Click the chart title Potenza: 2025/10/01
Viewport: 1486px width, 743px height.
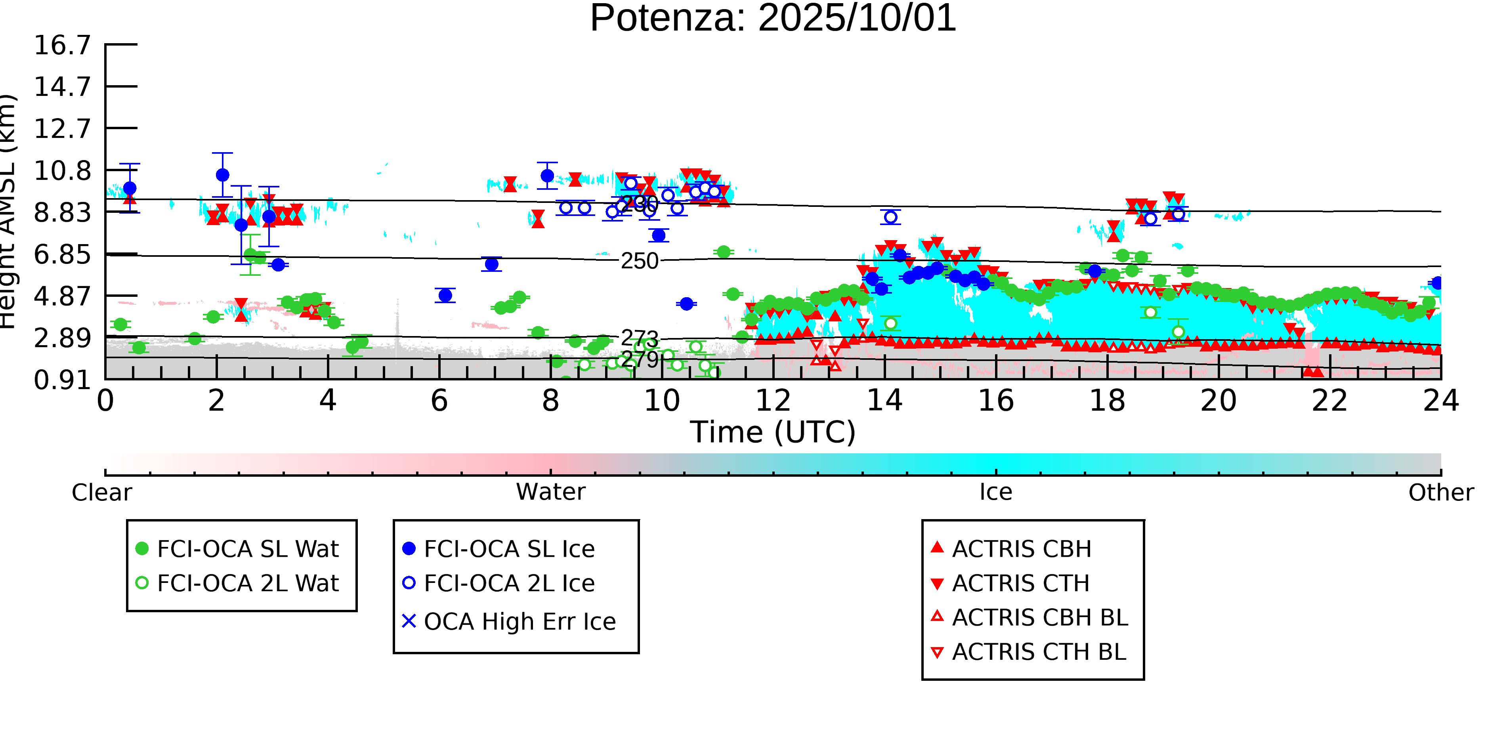point(773,19)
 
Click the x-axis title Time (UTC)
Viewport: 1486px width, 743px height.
point(773,432)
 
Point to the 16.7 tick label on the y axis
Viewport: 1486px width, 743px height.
point(62,45)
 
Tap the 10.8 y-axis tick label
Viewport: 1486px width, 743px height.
point(62,171)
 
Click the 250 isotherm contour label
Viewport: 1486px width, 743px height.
point(639,261)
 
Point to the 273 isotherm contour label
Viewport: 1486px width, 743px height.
point(639,338)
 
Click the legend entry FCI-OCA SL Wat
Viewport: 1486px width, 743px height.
point(248,548)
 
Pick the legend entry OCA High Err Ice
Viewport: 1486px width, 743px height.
point(519,622)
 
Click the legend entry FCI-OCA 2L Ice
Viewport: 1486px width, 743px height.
point(509,583)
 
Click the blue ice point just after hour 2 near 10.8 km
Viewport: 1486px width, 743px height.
point(223,175)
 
